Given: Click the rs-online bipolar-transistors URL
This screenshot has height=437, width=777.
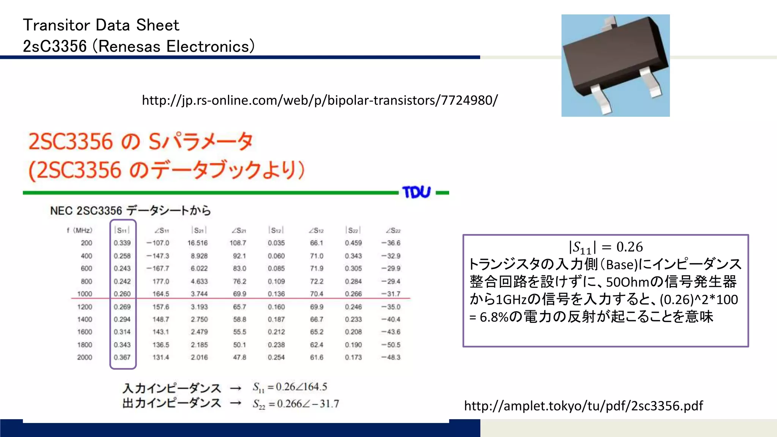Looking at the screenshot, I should [319, 101].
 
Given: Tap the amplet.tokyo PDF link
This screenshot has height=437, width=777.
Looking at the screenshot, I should [583, 406].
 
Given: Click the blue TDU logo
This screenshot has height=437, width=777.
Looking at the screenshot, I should [416, 192].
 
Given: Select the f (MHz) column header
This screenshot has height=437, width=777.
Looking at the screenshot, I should [80, 230].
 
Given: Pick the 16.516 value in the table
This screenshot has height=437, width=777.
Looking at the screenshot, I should [198, 243].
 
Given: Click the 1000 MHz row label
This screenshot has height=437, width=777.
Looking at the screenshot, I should [85, 294].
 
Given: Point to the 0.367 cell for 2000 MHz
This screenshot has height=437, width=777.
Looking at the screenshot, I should [122, 357].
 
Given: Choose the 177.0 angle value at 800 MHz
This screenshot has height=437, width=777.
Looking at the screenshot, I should [161, 281].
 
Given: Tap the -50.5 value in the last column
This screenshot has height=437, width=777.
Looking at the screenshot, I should [391, 345].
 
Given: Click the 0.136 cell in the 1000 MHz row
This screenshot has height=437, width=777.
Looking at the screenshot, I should [276, 294].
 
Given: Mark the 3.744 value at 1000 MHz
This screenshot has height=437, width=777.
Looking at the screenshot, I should [199, 294].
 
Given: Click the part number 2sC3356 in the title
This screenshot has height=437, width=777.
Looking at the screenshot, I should [55, 47].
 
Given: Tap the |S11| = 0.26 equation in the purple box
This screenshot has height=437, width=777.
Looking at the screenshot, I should [606, 247].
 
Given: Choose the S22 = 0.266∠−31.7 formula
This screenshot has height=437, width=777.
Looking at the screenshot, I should [296, 404].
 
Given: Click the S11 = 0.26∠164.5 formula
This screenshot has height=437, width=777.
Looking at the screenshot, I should [290, 387].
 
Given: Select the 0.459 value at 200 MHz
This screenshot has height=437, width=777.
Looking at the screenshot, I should [353, 243].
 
